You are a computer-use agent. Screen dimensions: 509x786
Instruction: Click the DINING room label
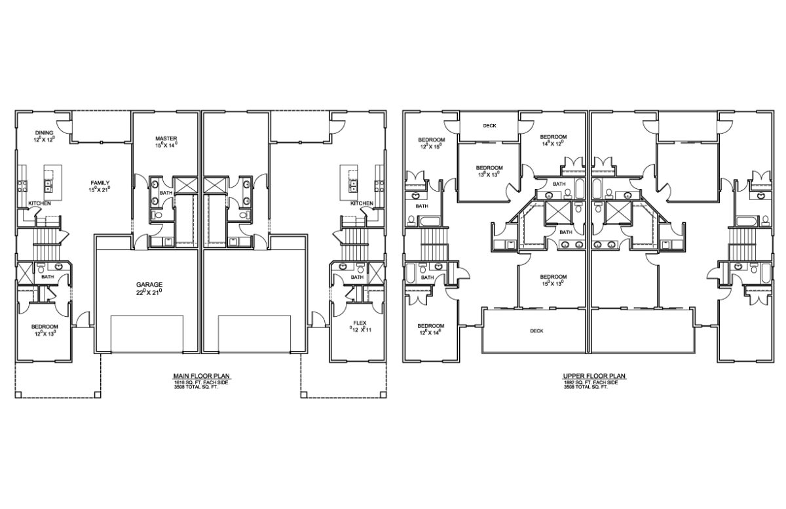click(x=45, y=132)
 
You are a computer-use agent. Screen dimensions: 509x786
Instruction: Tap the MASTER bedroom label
click(x=166, y=138)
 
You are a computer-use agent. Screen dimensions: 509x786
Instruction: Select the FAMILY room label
click(x=100, y=183)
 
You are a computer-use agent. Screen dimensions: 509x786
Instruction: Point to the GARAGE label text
click(x=149, y=284)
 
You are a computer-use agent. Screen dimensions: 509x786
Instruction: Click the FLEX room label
click(x=360, y=323)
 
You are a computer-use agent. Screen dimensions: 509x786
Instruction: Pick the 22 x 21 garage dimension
click(x=149, y=292)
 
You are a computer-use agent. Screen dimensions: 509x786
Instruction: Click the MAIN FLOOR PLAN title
click(x=201, y=376)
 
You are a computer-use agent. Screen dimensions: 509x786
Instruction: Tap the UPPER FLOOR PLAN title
click(x=594, y=376)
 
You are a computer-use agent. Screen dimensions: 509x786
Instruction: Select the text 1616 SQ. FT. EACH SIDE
click(x=200, y=382)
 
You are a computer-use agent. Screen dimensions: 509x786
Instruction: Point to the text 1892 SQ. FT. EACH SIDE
click(x=594, y=382)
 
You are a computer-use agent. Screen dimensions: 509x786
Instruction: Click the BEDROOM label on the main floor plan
click(x=45, y=326)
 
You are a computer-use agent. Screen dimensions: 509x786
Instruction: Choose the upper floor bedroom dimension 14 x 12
click(x=553, y=143)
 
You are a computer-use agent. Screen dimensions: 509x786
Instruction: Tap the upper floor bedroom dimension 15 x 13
click(x=553, y=283)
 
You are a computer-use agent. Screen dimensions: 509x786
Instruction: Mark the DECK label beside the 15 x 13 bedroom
click(x=536, y=331)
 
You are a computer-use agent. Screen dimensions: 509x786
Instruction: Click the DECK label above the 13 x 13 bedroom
click(x=489, y=126)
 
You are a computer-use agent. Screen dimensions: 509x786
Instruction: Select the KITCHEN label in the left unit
click(x=39, y=203)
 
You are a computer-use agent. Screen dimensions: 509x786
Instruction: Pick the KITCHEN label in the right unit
click(x=362, y=203)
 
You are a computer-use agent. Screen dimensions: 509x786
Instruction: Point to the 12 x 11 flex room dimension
click(x=360, y=331)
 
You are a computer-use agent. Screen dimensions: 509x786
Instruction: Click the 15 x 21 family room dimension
click(x=100, y=190)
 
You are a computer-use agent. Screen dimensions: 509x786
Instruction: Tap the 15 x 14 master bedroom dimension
click(x=166, y=145)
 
